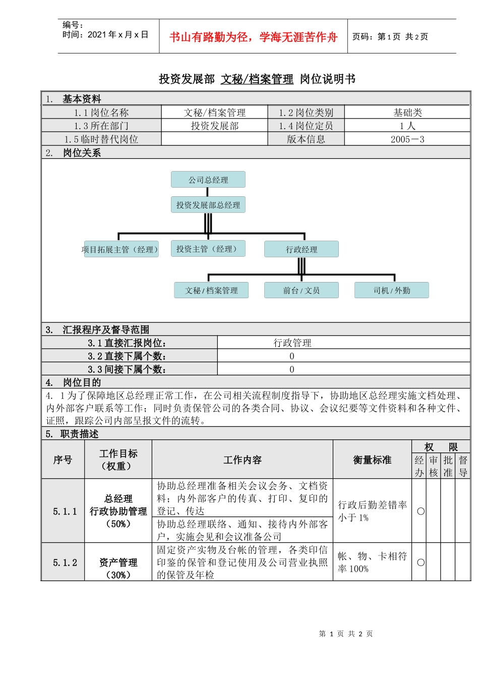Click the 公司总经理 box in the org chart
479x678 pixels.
[x=208, y=180]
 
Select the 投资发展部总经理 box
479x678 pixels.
[x=208, y=205]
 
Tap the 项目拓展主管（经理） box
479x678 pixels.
[x=121, y=249]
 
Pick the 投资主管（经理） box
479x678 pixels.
[x=208, y=249]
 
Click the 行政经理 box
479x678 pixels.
[x=301, y=249]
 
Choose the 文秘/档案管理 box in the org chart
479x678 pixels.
[x=211, y=290]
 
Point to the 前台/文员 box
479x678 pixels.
[x=301, y=290]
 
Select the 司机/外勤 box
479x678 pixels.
[x=391, y=290]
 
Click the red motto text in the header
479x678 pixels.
[x=253, y=37]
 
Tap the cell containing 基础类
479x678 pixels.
[x=407, y=112]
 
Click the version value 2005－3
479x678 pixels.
[x=407, y=139]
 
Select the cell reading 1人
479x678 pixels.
[x=407, y=126]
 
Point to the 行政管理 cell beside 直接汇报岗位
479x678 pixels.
[x=292, y=343]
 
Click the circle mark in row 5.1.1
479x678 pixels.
[x=421, y=511]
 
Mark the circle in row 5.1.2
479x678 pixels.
[x=421, y=562]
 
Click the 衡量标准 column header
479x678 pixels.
[x=372, y=460]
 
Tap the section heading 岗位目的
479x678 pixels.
[x=82, y=382]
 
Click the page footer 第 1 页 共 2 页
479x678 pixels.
[x=346, y=634]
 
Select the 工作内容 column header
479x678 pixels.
[x=242, y=460]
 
